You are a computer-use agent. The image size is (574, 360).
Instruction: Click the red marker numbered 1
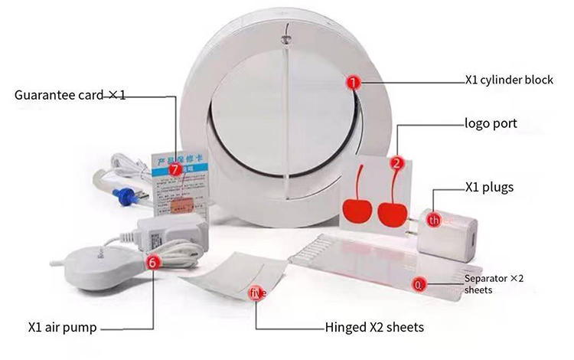(x=353, y=80)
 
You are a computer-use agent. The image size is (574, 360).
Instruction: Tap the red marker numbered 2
(x=396, y=162)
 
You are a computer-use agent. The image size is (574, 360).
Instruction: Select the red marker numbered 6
(x=152, y=262)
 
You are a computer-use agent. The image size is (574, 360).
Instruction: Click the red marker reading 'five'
(x=257, y=292)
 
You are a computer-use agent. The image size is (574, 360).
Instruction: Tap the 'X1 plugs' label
(x=489, y=187)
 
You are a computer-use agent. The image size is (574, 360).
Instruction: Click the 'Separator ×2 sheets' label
(x=494, y=283)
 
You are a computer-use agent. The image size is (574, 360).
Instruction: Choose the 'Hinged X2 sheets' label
(x=374, y=327)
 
